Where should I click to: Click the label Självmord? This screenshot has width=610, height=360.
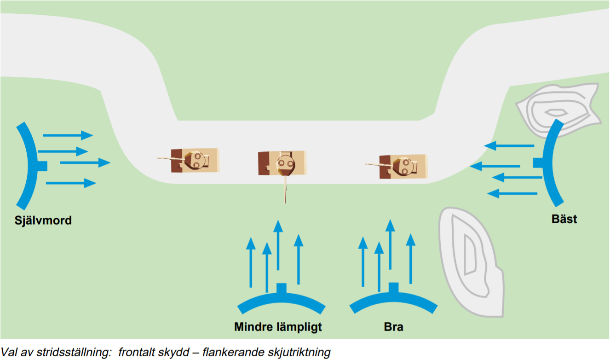43,221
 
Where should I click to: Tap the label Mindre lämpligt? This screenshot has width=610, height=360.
278,327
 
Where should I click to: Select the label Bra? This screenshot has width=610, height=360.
393,327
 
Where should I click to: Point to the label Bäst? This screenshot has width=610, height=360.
564,219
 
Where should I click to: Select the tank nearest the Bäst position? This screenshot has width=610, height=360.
403,166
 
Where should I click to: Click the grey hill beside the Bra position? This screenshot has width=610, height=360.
469,262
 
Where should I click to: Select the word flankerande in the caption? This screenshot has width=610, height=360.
227,353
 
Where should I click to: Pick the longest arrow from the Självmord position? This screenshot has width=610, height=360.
85,163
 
